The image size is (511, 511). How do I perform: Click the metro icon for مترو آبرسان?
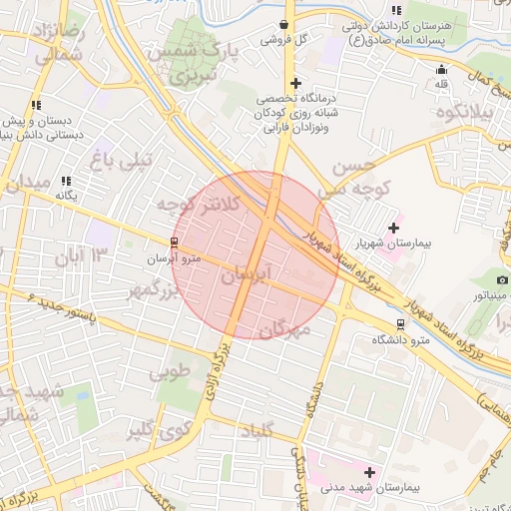(175, 243)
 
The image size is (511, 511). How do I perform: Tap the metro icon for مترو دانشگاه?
(401, 324)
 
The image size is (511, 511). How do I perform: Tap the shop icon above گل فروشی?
(284, 25)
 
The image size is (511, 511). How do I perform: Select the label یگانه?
(66, 196)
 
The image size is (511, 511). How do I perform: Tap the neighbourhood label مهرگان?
(284, 330)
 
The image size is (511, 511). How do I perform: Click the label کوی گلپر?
(159, 431)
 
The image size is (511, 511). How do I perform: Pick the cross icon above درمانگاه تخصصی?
(294, 83)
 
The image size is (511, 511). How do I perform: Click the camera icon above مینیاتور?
(502, 280)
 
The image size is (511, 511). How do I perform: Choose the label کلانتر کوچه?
(198, 205)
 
